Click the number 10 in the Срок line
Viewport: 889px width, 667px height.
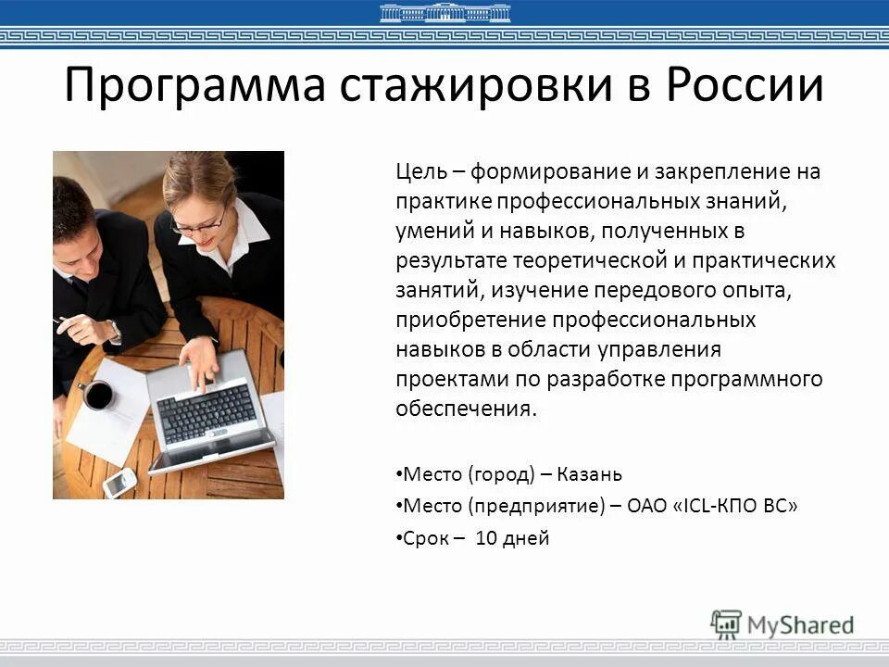(x=486, y=537)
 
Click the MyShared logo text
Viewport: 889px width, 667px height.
(x=800, y=624)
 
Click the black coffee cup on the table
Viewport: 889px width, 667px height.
(x=98, y=394)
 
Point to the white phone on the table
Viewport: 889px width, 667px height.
(x=119, y=481)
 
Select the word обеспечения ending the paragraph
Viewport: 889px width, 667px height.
(x=466, y=409)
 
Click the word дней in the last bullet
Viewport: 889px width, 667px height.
(x=526, y=537)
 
